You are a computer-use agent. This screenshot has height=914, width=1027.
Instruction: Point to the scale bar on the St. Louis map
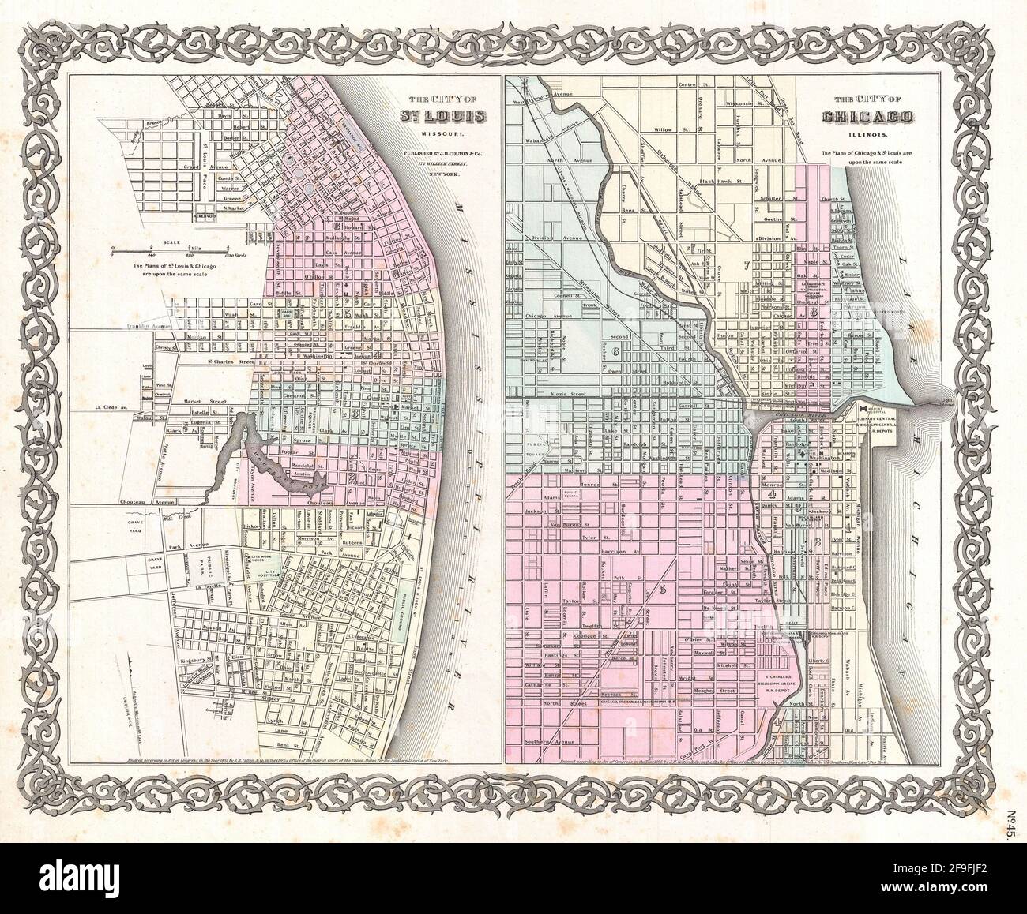(x=171, y=251)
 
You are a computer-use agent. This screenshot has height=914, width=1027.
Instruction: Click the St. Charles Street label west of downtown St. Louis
(x=233, y=363)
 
